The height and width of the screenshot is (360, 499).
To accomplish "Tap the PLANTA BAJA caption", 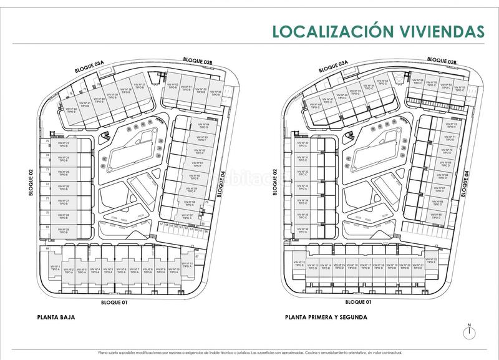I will tap(56, 317).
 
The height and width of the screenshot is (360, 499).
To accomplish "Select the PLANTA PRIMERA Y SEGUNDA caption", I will tap(326, 317).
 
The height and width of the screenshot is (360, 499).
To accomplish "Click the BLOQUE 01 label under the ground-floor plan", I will tap(114, 302).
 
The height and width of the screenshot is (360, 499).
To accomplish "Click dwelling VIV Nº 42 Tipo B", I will tap(70, 110).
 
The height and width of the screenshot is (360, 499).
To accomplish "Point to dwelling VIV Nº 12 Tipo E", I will tap(299, 263).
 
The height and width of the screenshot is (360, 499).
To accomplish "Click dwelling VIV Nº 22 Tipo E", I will tap(432, 261).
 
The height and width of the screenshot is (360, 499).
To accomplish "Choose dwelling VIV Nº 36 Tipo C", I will tap(303, 230).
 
